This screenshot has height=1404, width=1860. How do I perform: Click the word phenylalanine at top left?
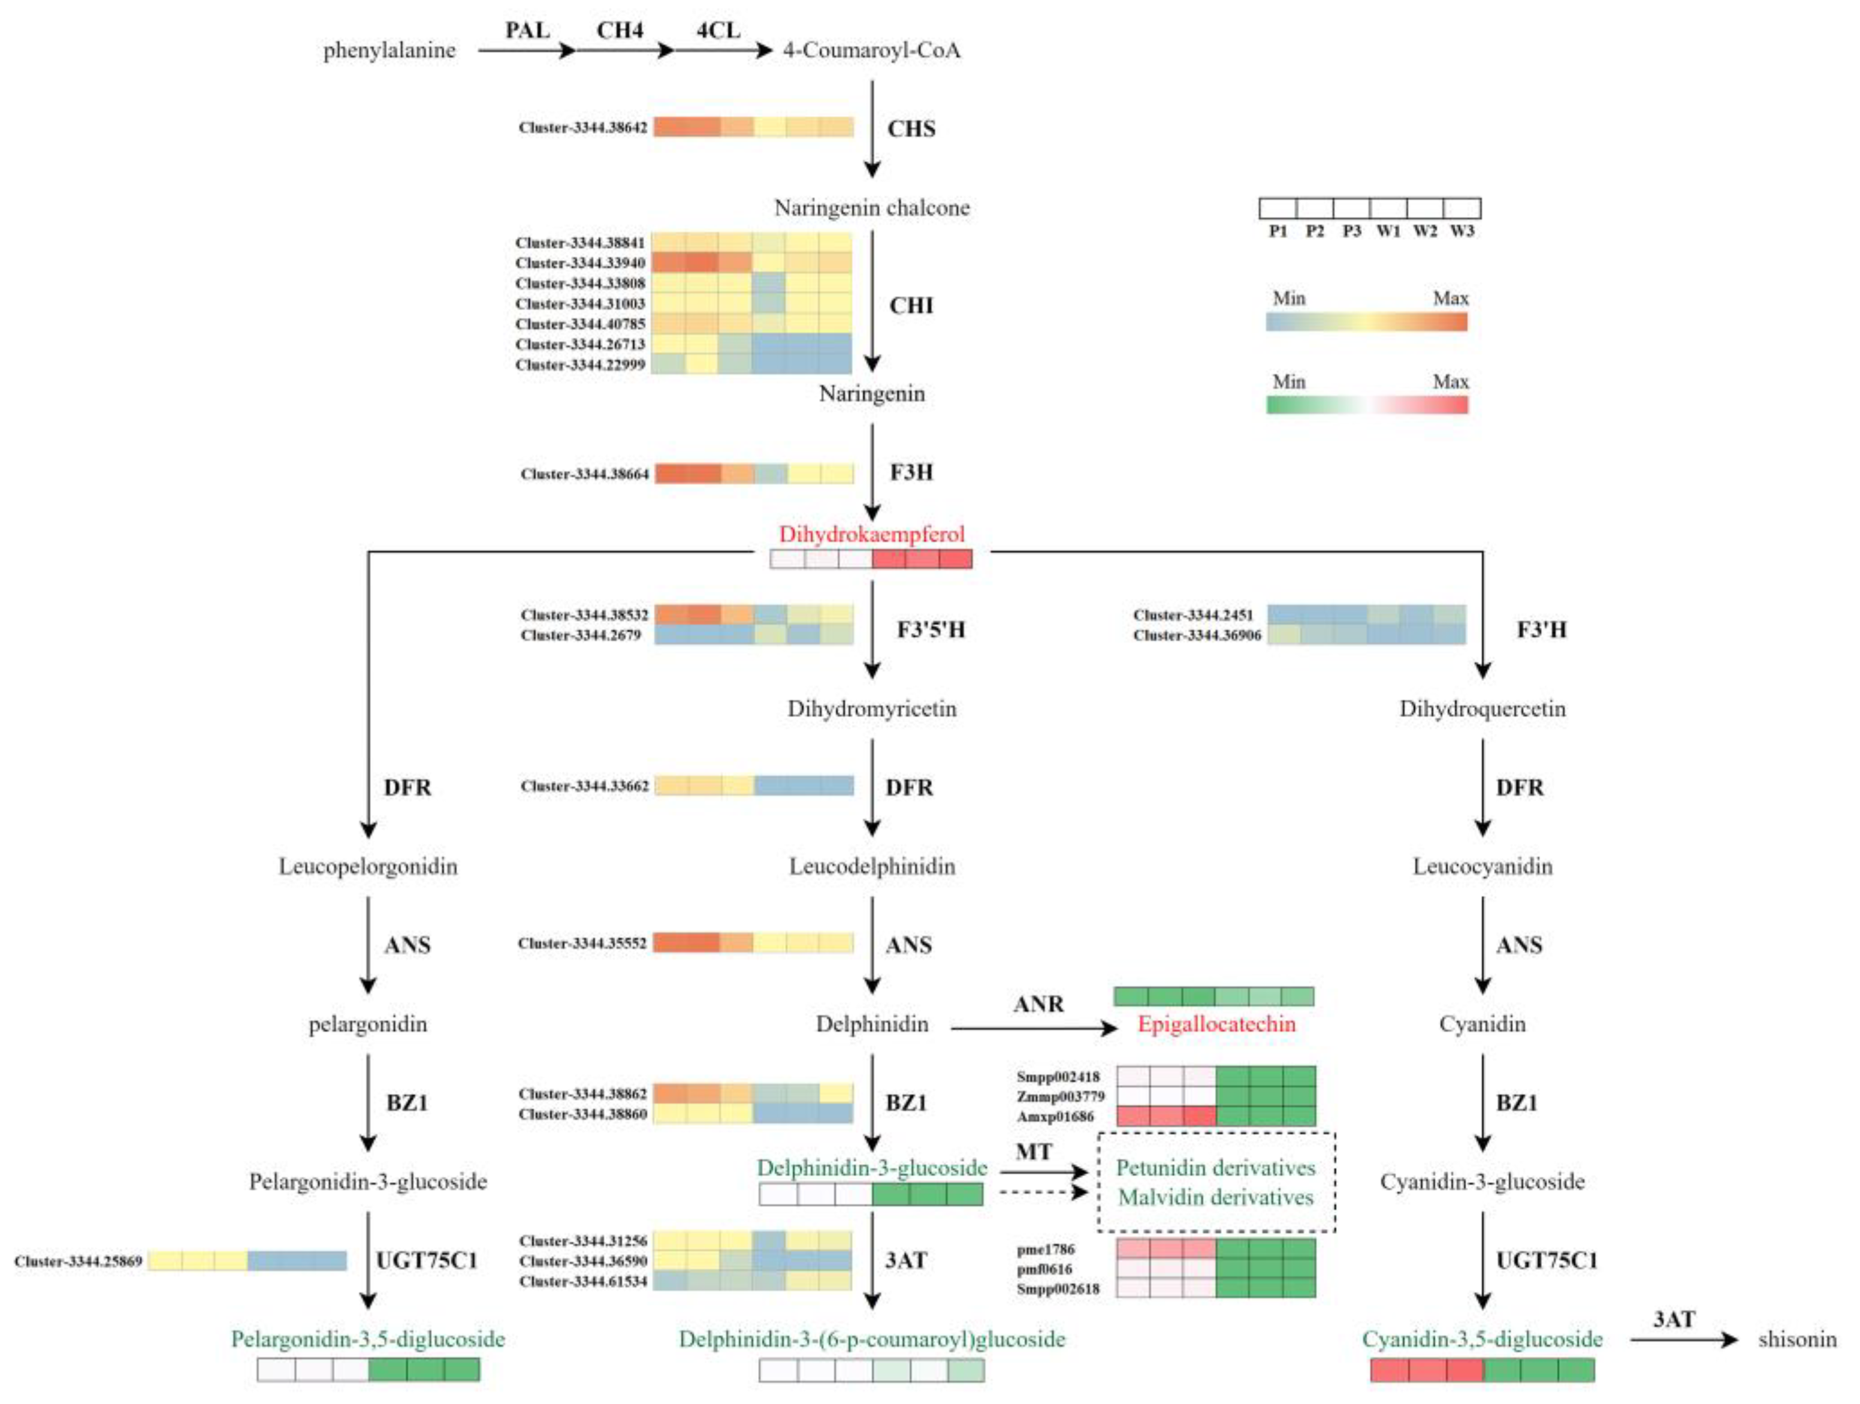pyautogui.click(x=389, y=50)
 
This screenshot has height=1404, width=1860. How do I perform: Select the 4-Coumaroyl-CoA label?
pyautogui.click(x=871, y=50)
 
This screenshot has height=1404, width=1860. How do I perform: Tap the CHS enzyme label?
pyautogui.click(x=911, y=129)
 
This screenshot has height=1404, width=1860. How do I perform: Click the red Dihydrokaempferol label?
pyautogui.click(x=871, y=534)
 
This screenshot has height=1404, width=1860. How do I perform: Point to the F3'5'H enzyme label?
pyautogui.click(x=930, y=629)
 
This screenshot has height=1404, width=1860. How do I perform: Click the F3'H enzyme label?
pyautogui.click(x=1541, y=629)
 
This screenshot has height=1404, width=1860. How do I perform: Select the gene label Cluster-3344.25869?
pyautogui.click(x=78, y=1261)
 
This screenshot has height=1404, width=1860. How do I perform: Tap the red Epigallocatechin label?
pyautogui.click(x=1216, y=1024)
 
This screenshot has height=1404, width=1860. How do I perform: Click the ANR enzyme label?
pyautogui.click(x=1038, y=1004)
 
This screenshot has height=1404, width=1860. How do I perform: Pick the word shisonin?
pyautogui.click(x=1797, y=1339)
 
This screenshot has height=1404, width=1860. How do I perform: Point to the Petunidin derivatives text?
pyautogui.click(x=1216, y=1168)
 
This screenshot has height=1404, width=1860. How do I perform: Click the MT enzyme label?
pyautogui.click(x=1034, y=1152)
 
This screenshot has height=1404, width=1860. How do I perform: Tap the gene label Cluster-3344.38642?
pyautogui.click(x=582, y=128)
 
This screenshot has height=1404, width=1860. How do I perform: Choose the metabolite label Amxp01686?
pyautogui.click(x=1055, y=1116)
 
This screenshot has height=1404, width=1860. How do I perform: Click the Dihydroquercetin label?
pyautogui.click(x=1482, y=709)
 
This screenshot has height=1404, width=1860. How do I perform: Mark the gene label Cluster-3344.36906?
pyautogui.click(x=1197, y=635)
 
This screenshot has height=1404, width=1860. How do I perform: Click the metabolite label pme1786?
pyautogui.click(x=1045, y=1249)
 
